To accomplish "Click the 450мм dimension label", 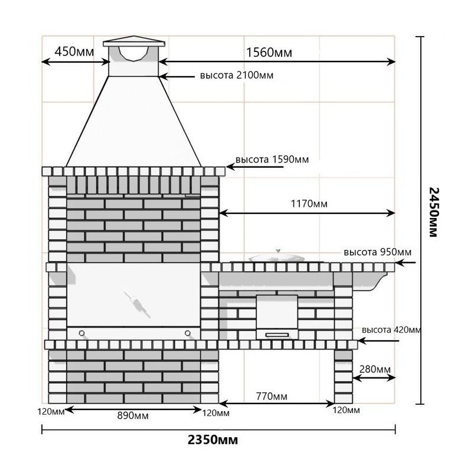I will [73, 52].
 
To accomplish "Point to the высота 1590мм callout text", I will [272, 160].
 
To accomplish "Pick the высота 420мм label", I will [391, 330].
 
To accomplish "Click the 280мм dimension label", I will [374, 369].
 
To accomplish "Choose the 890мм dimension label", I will [133, 415].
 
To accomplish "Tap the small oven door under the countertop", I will [277, 316].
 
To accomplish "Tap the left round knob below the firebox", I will [81, 334].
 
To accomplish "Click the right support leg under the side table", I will [343, 376].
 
